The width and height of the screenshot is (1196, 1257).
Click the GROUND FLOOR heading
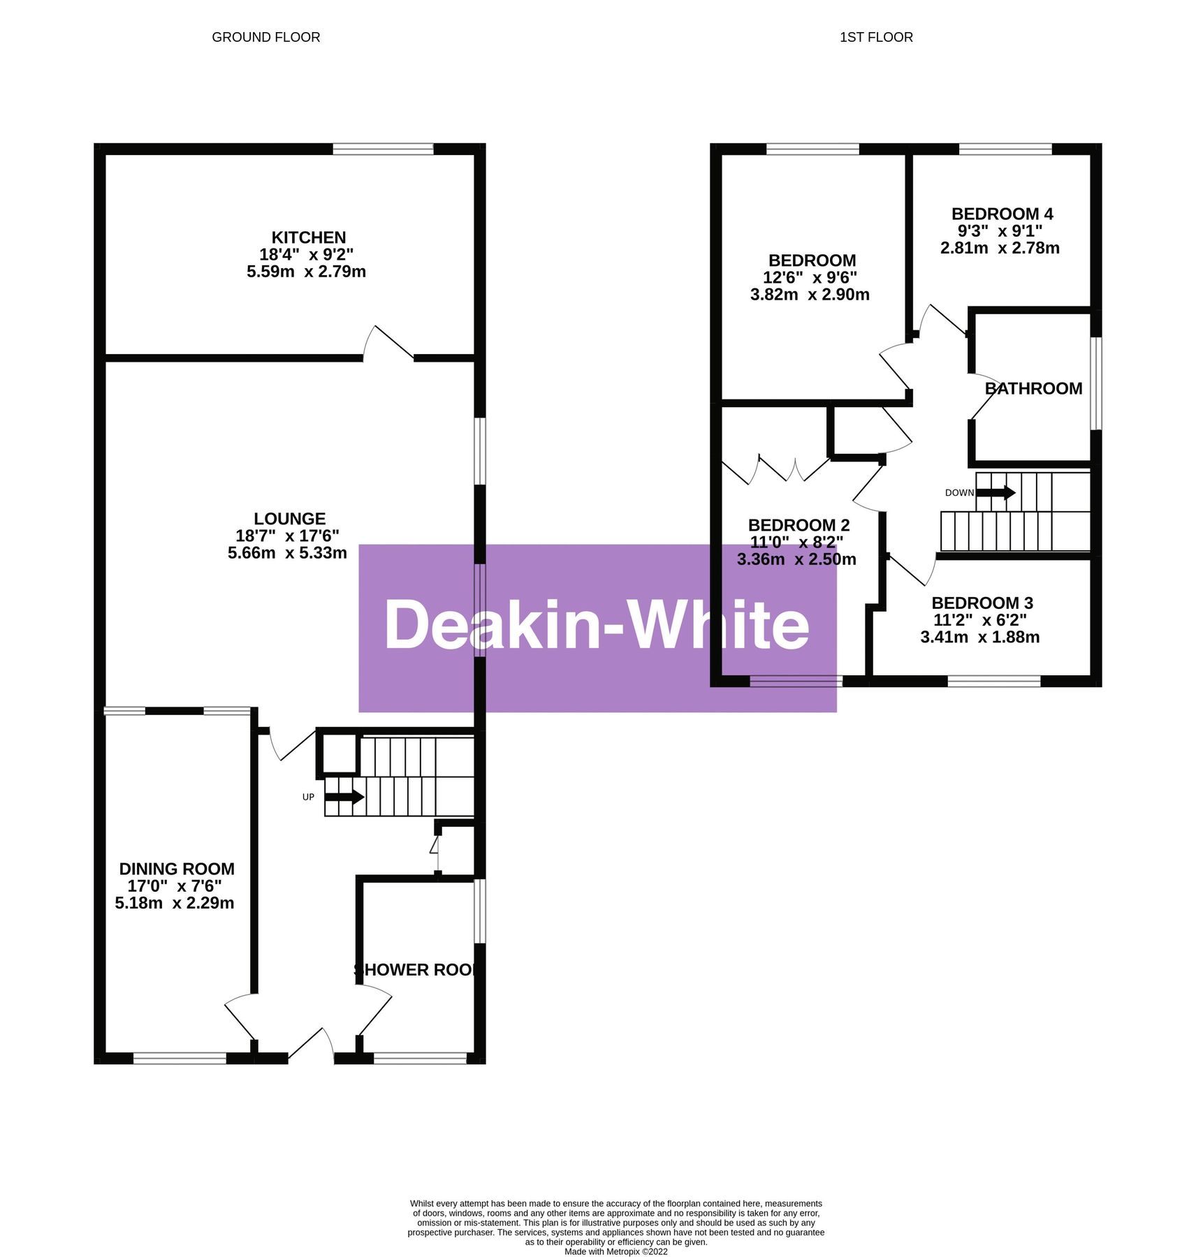pos(265,37)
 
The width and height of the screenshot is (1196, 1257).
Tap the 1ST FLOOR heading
pos(875,37)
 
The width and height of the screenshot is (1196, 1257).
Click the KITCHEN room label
pos(308,237)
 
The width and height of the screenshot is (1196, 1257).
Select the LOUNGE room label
pos(289,518)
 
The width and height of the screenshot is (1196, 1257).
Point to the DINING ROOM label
pos(176,869)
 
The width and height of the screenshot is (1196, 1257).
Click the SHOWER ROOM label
pos(416,969)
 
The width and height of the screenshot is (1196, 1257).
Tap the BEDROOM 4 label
pos(1001,214)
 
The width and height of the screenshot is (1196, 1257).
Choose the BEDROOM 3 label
pos(982,603)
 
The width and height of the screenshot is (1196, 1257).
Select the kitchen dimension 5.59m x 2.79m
pos(306,272)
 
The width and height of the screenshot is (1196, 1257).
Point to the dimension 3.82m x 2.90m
pos(809,295)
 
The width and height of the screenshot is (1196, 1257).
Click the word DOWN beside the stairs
pos(958,493)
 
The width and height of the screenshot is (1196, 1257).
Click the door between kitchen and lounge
pos(388,344)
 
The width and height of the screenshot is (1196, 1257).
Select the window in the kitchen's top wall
pos(383,149)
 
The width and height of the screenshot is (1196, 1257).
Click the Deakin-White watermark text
pos(597,626)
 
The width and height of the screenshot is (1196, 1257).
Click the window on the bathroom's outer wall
pos(1095,383)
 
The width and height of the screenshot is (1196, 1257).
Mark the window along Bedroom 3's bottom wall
pos(993,681)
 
